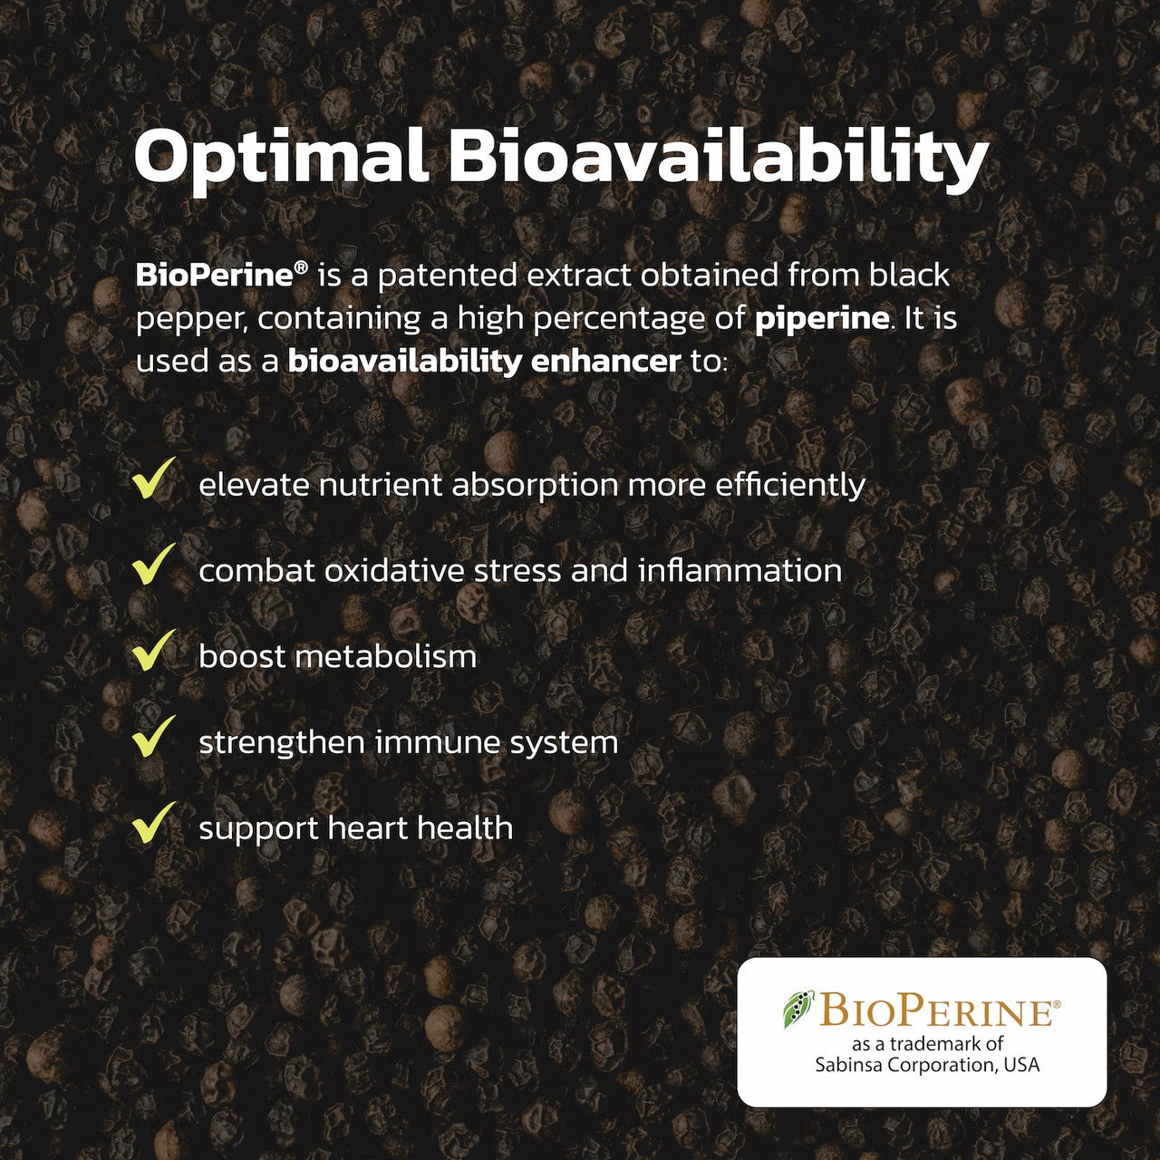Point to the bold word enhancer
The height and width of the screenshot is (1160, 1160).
605,362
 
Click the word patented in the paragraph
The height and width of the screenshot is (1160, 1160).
448,276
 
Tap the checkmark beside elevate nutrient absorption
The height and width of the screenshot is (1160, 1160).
153,478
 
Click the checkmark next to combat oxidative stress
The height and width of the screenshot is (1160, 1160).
153,564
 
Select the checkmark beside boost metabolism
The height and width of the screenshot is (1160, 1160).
153,650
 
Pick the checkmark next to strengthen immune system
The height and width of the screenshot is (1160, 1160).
153,736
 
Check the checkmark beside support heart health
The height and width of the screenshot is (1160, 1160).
153,822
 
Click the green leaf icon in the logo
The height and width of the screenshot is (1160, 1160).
798,1009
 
